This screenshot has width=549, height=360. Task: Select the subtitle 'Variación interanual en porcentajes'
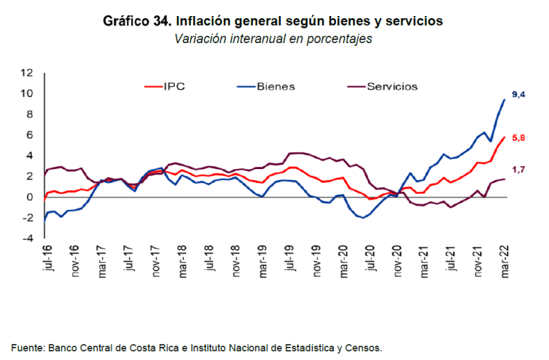273,39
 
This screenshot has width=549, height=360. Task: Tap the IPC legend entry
174,86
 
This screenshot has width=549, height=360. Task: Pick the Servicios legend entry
392,86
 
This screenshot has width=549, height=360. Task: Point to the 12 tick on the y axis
27,72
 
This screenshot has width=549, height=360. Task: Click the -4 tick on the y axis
27,238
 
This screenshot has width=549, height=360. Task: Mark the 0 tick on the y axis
30,197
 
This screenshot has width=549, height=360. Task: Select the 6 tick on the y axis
30,135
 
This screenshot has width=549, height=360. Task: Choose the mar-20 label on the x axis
343,260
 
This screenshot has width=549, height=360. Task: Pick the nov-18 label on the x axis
236,260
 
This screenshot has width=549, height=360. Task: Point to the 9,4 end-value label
518,95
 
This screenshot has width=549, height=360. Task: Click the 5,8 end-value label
518,138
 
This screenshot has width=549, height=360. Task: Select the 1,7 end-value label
518,170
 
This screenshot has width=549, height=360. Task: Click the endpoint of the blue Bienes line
505,99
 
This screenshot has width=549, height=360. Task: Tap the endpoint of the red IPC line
505,137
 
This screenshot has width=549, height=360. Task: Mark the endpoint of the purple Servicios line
505,179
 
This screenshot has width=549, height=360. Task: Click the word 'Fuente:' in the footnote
26,348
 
